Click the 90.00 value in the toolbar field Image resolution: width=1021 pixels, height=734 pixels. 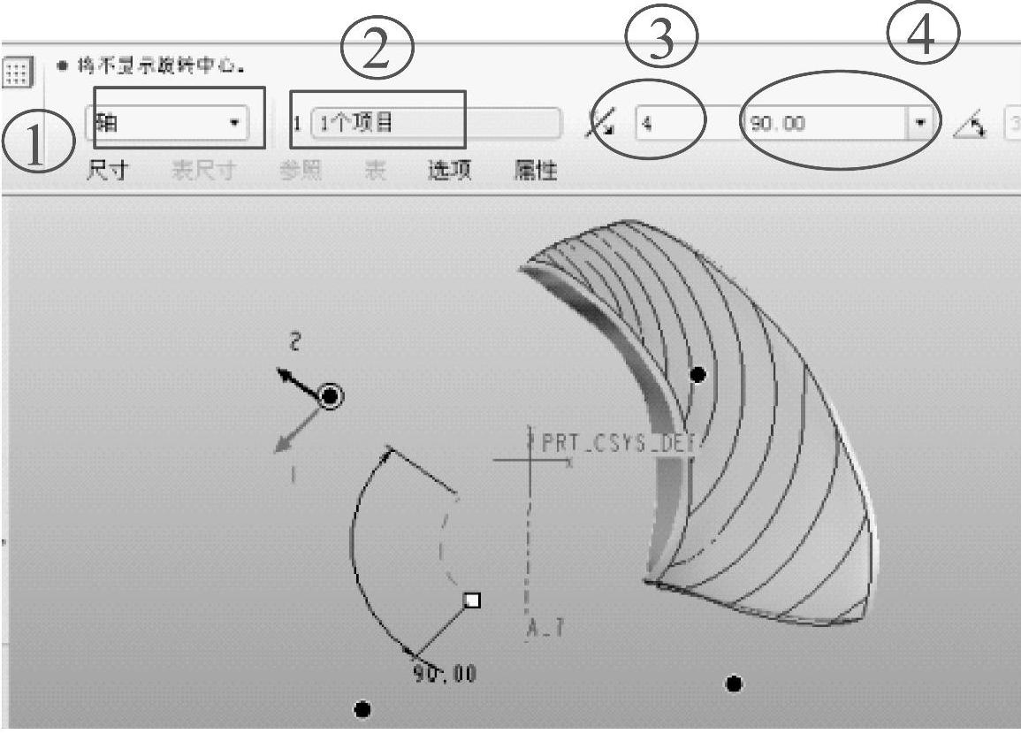778,124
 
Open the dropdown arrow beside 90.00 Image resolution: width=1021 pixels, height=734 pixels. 919,124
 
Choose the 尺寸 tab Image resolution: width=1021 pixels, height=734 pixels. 107,171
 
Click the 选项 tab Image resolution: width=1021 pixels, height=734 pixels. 449,171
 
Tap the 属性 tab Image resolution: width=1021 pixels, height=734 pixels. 536,171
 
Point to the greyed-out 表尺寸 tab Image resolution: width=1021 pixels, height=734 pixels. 202,171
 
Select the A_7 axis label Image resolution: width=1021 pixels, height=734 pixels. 546,629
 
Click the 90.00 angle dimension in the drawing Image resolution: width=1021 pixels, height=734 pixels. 445,675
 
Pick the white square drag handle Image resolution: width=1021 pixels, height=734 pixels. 473,600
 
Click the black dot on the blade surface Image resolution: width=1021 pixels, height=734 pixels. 697,375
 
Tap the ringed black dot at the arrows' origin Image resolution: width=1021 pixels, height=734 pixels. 331,396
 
